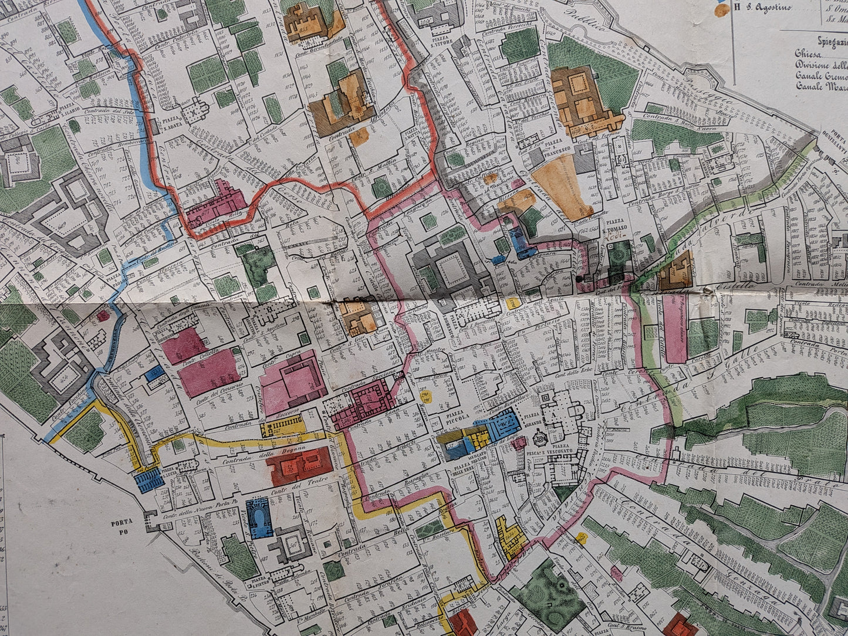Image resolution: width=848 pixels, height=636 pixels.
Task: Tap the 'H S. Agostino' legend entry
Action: coord(762,7)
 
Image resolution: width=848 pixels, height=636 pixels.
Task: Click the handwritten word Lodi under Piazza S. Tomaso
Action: coord(614,236)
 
